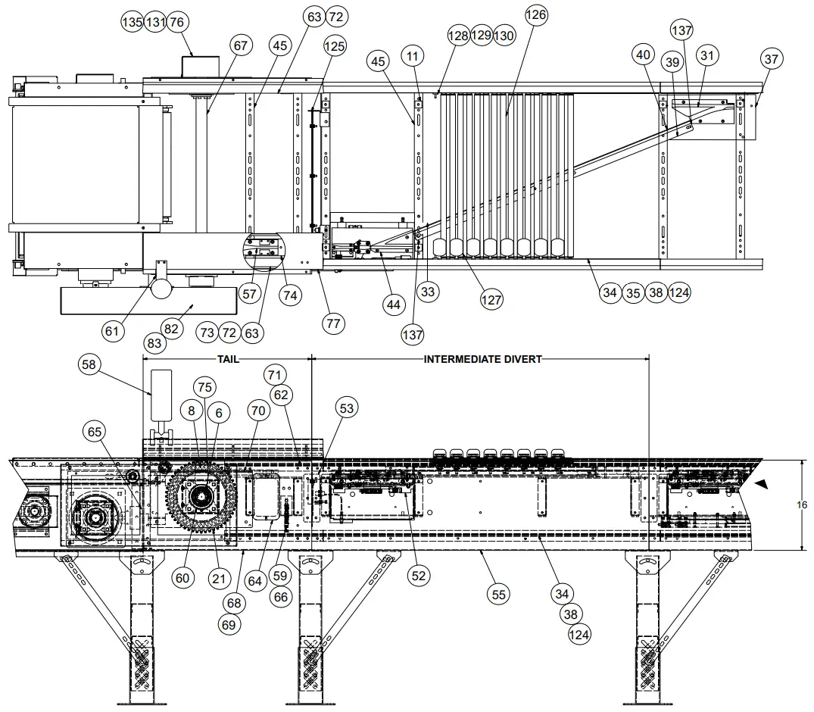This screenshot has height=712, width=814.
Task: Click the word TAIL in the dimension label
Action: point(228,359)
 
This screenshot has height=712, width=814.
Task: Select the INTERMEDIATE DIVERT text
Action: point(482,359)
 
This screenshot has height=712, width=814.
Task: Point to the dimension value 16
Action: point(802,504)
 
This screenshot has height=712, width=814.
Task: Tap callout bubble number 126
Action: point(535,15)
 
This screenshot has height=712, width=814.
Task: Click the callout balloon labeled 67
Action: point(240,46)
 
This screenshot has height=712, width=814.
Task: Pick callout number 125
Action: point(334,46)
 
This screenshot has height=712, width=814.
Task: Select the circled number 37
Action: point(771,59)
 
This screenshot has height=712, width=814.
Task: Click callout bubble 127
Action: point(491,300)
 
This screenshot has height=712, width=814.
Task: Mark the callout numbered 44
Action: point(392,305)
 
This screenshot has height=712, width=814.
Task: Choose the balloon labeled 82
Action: point(172,329)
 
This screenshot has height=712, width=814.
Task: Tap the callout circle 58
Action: point(89,365)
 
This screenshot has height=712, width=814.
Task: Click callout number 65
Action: point(95,432)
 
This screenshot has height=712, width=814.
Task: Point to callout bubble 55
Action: point(497,595)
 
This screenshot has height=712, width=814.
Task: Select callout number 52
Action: point(417,576)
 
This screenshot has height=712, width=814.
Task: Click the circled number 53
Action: point(346,409)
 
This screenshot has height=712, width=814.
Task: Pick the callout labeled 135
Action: point(133,22)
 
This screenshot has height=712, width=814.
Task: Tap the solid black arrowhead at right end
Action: point(762,482)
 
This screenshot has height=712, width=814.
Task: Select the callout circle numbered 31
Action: point(708,55)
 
